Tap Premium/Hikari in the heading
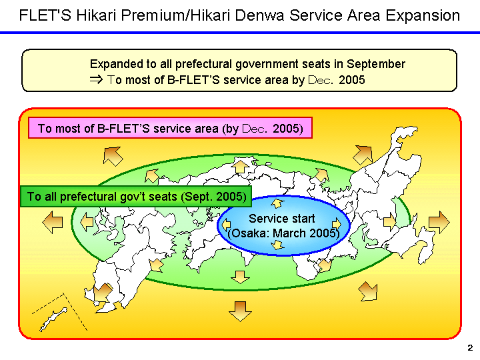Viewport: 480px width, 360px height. pos(158,15)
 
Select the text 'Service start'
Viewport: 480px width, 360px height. pos(281,219)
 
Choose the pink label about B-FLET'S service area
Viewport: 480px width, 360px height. pos(170,128)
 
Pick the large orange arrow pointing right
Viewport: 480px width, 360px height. pos(439,221)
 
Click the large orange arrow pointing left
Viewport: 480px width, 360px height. pos(52,223)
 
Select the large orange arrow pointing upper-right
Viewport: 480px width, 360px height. pos(363,155)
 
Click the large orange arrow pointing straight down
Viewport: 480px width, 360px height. pos(239,310)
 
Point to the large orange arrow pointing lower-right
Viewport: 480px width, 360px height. pos(367,291)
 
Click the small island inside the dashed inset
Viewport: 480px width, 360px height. pos(53,319)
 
